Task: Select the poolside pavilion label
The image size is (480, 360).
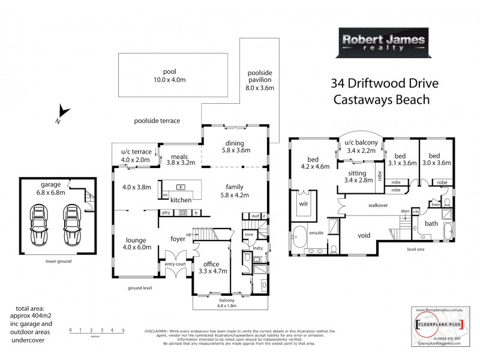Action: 260,79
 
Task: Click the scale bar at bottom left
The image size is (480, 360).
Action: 97,331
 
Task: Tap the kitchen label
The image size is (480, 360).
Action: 181,200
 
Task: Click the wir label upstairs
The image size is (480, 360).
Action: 303,203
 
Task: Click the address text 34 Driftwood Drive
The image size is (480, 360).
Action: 382,83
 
